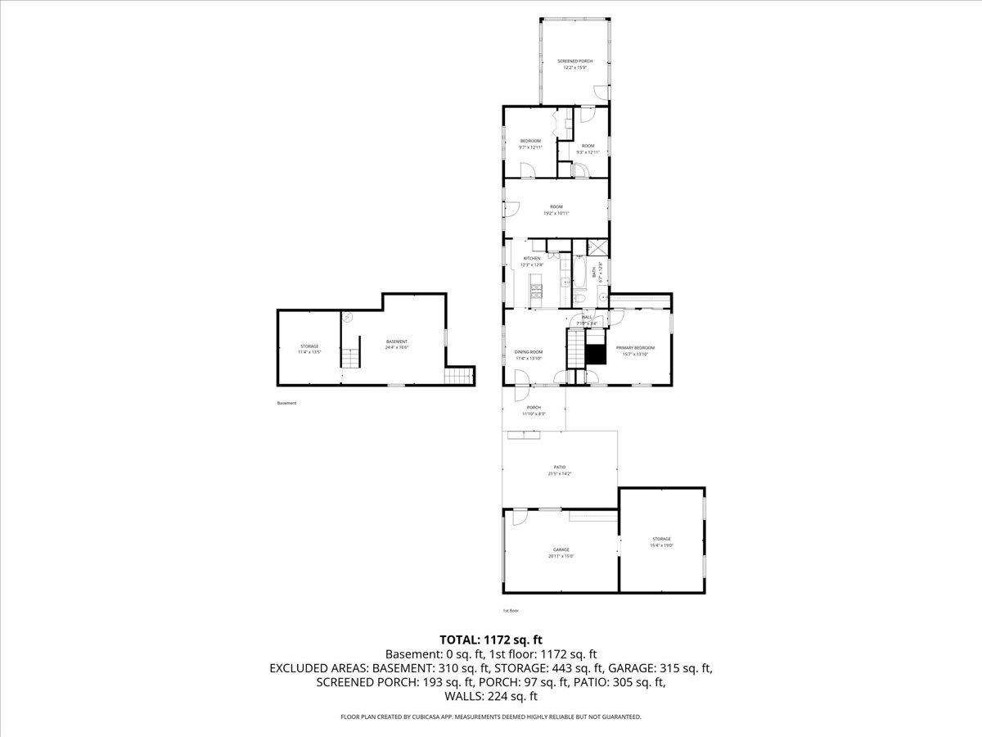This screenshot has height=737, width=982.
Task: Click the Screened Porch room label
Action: (574, 61)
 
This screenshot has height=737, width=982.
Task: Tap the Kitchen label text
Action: (532, 258)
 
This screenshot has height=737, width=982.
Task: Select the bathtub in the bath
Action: (579, 272)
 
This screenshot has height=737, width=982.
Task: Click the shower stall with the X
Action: (599, 248)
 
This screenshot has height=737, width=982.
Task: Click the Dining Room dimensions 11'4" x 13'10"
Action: (529, 358)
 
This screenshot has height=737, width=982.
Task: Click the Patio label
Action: (560, 467)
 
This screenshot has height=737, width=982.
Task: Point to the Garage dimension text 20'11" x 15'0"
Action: (561, 556)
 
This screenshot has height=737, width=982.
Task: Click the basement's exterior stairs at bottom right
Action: (459, 377)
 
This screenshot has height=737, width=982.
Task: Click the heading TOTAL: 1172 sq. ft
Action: (491, 639)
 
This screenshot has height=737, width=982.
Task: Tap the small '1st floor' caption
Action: (511, 610)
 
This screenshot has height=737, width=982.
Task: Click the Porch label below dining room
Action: (534, 407)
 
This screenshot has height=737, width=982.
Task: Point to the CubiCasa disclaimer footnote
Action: (491, 717)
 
